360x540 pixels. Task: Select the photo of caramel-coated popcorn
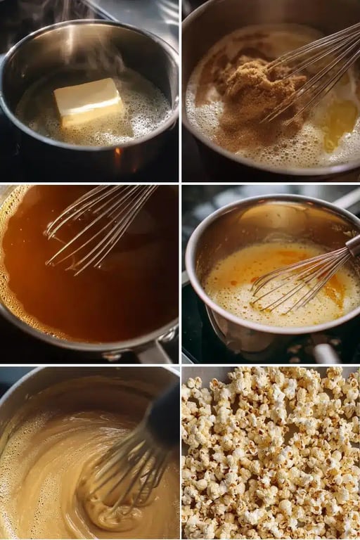point(271,454)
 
